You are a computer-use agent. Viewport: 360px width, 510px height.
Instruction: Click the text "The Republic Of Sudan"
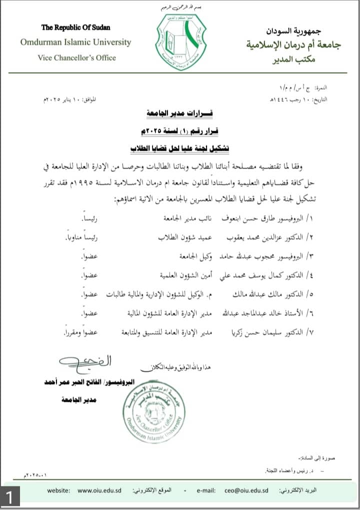click(x=75, y=28)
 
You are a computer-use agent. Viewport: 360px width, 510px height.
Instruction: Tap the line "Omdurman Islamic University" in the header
click(x=75, y=42)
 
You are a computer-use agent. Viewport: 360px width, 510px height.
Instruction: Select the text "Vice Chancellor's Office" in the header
click(x=76, y=58)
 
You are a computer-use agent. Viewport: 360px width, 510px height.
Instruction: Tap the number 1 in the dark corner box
click(x=10, y=498)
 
